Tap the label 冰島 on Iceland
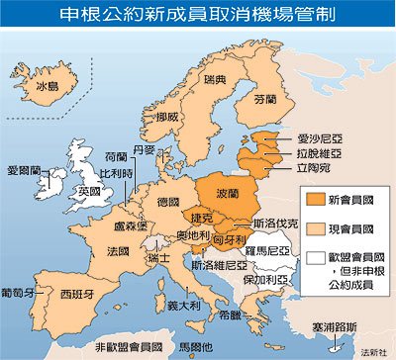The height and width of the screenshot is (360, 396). click(x=49, y=86)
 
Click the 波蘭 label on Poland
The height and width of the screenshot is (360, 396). click(x=226, y=189)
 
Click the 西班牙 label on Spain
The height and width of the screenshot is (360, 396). click(x=70, y=295)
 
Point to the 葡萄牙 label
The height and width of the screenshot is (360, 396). click(x=20, y=293)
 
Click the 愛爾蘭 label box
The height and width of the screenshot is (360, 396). click(x=23, y=170)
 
